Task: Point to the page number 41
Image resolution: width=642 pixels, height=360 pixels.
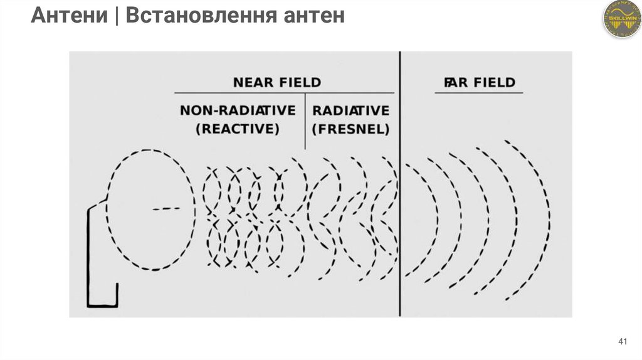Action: pyautogui.click(x=623, y=341)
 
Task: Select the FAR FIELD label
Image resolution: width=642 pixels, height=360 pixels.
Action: pyautogui.click(x=479, y=82)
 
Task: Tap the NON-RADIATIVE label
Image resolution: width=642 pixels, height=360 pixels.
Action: pyautogui.click(x=238, y=111)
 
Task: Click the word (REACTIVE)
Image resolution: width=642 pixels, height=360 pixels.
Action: pyautogui.click(x=238, y=130)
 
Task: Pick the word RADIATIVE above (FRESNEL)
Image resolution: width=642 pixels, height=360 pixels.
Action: pyautogui.click(x=351, y=111)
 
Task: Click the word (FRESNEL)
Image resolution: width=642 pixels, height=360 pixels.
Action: pyautogui.click(x=351, y=130)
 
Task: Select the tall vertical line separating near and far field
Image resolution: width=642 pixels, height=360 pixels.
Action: pyautogui.click(x=399, y=188)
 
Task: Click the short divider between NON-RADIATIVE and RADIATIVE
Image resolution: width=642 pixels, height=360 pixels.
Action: pyautogui.click(x=305, y=121)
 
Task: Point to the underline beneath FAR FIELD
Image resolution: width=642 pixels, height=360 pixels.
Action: pyautogui.click(x=479, y=93)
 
